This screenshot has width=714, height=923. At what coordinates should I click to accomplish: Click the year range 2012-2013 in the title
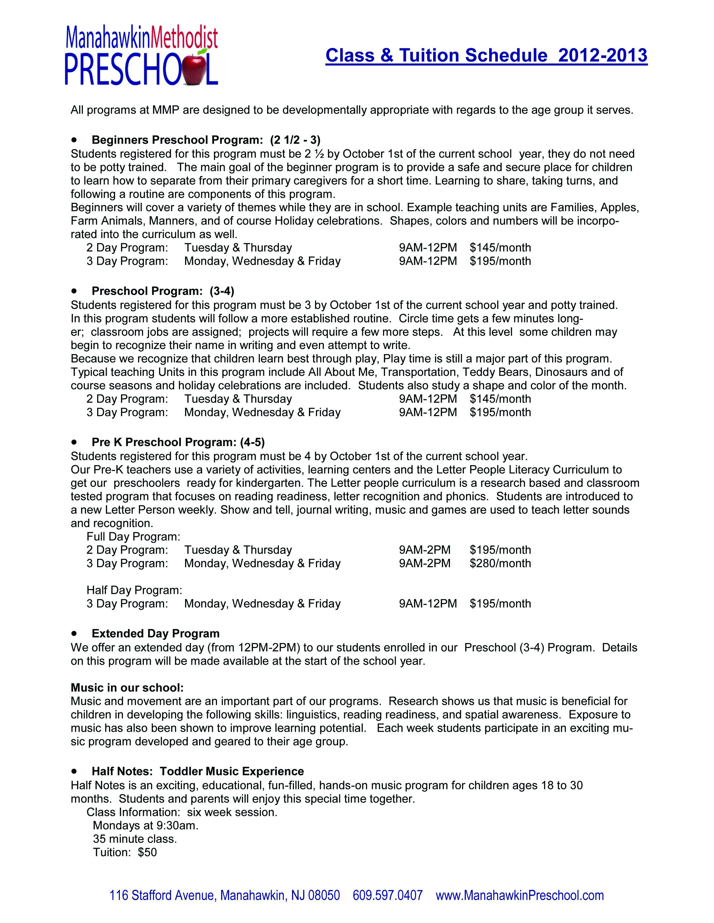click(603, 56)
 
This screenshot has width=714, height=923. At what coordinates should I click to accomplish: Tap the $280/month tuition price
click(500, 563)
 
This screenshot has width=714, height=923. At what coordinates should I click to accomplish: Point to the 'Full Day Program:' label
click(134, 537)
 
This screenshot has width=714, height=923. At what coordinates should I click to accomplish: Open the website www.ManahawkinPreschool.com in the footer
click(520, 895)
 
